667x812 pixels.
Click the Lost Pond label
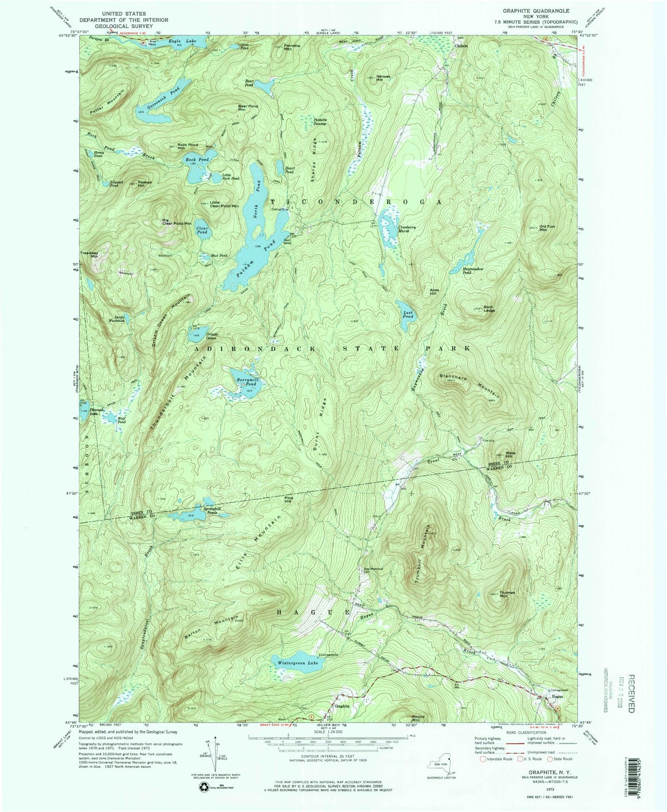click(408, 314)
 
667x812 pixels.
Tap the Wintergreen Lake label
click(298, 663)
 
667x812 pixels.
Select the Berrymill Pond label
click(245, 381)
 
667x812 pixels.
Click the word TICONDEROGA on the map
click(353, 202)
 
